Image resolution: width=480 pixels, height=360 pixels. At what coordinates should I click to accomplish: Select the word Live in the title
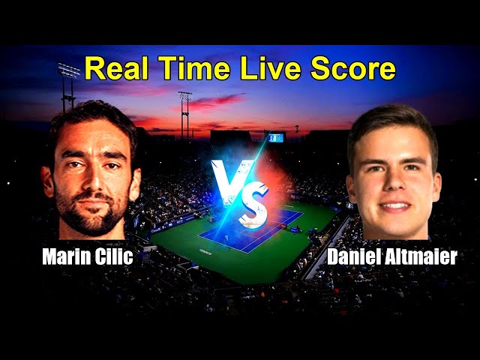pos(275,69)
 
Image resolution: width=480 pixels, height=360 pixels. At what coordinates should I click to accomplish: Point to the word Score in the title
pos(355,69)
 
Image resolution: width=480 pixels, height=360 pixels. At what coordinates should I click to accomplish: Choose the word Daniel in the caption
pos(358,257)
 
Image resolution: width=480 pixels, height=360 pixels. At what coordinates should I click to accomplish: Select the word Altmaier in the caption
pos(426,257)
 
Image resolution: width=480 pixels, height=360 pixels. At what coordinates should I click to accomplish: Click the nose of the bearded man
pos(90,177)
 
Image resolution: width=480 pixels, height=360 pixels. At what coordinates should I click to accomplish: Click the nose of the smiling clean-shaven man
pos(394,184)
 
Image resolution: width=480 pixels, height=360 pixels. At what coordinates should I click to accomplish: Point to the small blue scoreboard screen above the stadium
pos(274,138)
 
